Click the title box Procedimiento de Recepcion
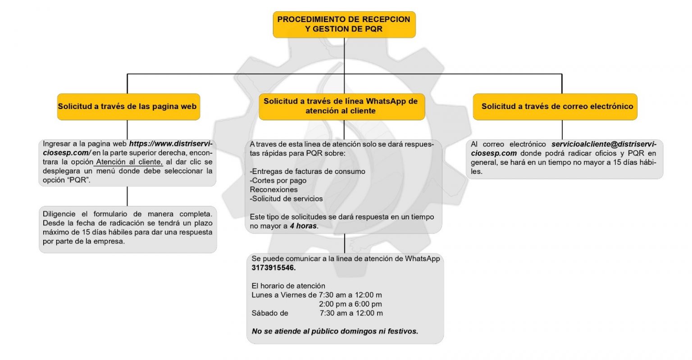coord(344,24)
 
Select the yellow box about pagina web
coord(128,107)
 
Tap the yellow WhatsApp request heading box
coord(341,106)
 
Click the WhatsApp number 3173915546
coord(273,268)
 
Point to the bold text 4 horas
coord(304,226)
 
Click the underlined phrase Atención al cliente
coord(128,162)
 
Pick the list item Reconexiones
coord(273,189)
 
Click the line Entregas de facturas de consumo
coord(307,171)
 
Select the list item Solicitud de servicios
coord(286,198)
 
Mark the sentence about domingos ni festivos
coord(335,331)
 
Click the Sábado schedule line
coord(317,313)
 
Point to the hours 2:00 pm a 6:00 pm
coord(350,304)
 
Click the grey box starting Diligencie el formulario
coord(127,229)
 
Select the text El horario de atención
coord(288,286)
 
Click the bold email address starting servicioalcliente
coord(604,144)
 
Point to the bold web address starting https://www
coord(170,144)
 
